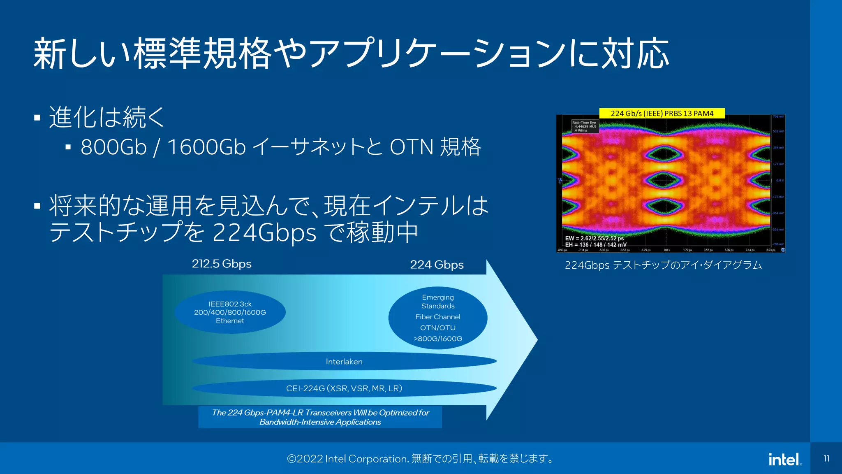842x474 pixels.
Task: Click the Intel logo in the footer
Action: [x=784, y=460]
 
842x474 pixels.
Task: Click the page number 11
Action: [x=826, y=458]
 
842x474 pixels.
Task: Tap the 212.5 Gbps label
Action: [x=222, y=264]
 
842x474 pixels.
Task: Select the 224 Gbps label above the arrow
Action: [x=437, y=265]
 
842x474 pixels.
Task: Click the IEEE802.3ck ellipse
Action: [x=230, y=312]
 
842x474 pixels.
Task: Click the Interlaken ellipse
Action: [x=344, y=361]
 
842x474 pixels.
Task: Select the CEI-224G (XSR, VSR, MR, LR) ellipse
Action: [x=344, y=388]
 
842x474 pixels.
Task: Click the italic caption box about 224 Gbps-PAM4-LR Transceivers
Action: [x=320, y=417]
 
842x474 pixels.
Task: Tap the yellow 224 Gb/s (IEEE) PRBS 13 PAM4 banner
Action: [x=662, y=113]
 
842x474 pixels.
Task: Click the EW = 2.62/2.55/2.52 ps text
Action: [x=594, y=238]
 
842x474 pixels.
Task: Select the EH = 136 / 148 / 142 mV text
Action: [x=595, y=245]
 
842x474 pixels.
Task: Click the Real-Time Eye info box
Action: [x=584, y=126]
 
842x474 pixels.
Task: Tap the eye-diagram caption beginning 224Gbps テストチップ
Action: [x=663, y=265]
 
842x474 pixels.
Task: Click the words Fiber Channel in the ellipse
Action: [x=438, y=317]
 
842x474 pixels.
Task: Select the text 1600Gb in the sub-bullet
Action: [x=206, y=147]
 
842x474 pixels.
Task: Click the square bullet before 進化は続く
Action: [x=37, y=118]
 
